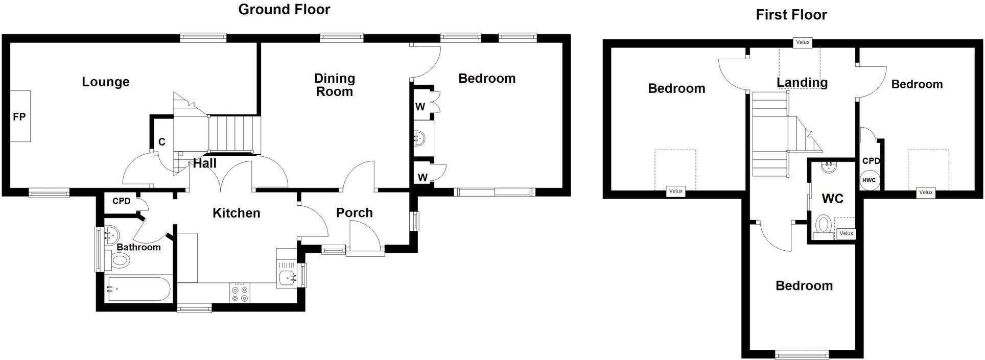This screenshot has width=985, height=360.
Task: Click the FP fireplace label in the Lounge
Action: click(19, 117)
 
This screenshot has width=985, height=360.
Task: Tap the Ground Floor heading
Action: click(284, 9)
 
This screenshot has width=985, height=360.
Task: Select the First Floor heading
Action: click(791, 15)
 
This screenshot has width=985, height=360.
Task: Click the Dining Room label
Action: click(334, 85)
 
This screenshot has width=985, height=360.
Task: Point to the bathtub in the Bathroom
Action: click(138, 290)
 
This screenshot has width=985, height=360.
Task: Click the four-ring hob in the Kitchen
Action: click(240, 294)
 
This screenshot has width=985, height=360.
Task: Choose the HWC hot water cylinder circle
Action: click(869, 180)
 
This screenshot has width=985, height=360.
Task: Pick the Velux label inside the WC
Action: click(846, 233)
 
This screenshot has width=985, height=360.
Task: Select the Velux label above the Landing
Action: click(803, 42)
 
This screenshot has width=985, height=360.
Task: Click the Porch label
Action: click(354, 213)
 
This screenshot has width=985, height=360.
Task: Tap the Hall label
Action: click(205, 163)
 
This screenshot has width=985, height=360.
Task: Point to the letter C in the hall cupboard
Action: click(162, 142)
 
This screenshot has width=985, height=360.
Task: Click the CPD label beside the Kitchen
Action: click(121, 201)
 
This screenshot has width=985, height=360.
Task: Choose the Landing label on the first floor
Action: click(802, 82)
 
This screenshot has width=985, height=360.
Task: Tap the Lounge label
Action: click(106, 82)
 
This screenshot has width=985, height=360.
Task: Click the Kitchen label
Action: click(236, 213)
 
